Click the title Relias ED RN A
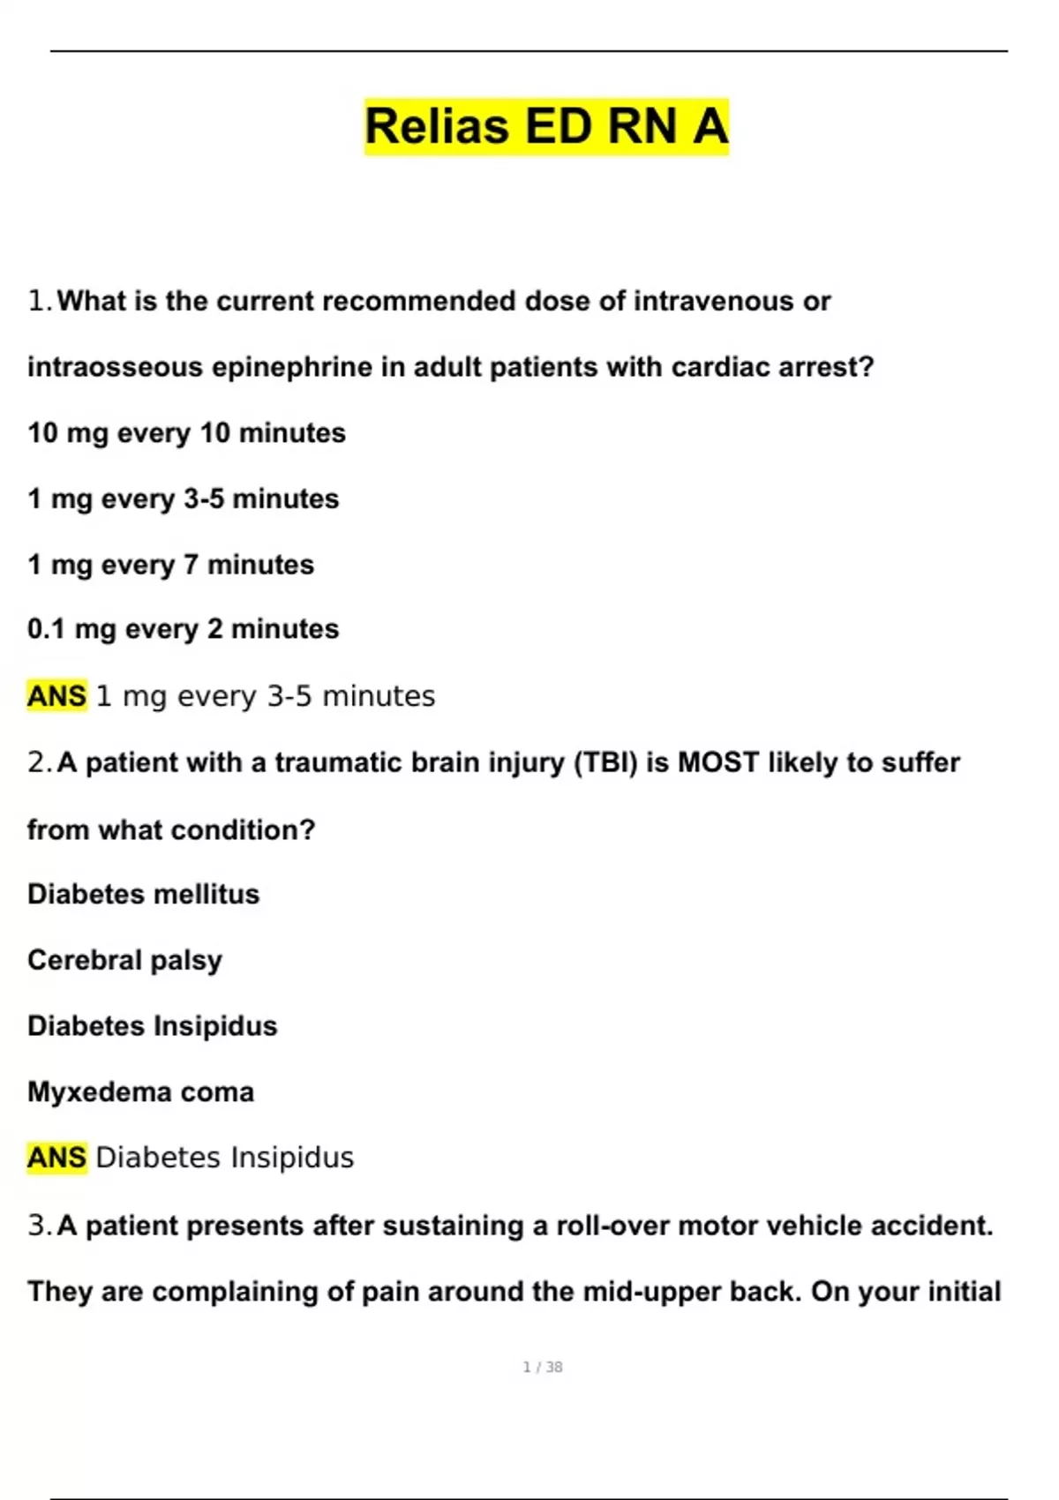[x=546, y=126]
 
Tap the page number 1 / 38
[x=543, y=1367]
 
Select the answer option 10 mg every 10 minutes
[x=186, y=433]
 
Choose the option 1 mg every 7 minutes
[x=170, y=565]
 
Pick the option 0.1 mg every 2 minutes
[x=183, y=629]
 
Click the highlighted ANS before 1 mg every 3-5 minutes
[x=56, y=696]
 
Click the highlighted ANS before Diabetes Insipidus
[x=56, y=1158]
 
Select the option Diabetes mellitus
[x=143, y=895]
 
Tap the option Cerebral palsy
[x=124, y=960]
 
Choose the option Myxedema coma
[x=140, y=1092]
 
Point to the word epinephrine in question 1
[x=292, y=368]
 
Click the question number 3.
[x=40, y=1226]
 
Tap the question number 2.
[x=40, y=762]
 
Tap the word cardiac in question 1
[x=719, y=368]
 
